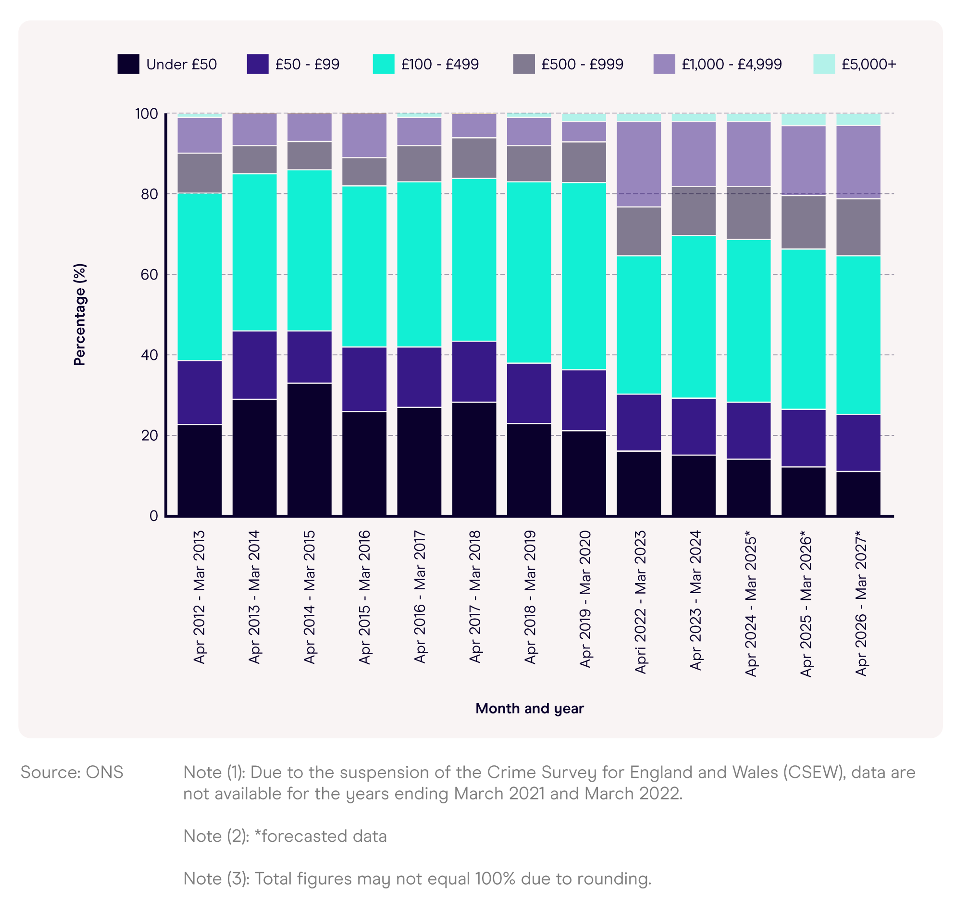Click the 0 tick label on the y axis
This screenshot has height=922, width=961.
[153, 516]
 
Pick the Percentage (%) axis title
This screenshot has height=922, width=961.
[79, 315]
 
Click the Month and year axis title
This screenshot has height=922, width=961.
[530, 708]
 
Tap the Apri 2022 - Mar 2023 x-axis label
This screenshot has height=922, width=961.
[640, 602]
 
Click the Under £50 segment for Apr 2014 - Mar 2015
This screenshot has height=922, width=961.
[309, 449]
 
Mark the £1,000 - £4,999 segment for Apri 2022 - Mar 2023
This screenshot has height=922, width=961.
[639, 164]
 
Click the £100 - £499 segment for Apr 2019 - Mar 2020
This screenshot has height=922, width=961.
[584, 276]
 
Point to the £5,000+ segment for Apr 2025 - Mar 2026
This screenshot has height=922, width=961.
[804, 120]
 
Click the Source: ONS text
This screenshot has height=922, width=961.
[72, 772]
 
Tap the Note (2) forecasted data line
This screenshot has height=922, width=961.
[285, 836]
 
